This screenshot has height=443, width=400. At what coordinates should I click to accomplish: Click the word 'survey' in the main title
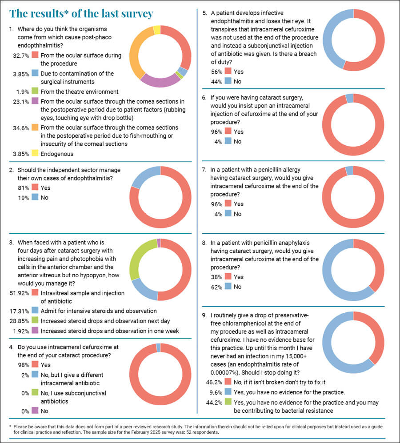pos(133,13)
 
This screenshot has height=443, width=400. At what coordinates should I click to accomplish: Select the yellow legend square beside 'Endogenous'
pos(35,154)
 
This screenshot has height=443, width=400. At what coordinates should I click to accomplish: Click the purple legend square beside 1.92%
pos(35,331)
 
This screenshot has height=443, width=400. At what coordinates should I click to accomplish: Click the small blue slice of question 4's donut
pos(158,347)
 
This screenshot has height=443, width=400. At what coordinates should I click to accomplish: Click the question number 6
pos(204,97)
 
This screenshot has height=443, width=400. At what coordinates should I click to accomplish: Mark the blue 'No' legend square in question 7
pos(228,214)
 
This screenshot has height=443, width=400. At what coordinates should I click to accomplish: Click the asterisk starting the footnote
pos(10,426)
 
